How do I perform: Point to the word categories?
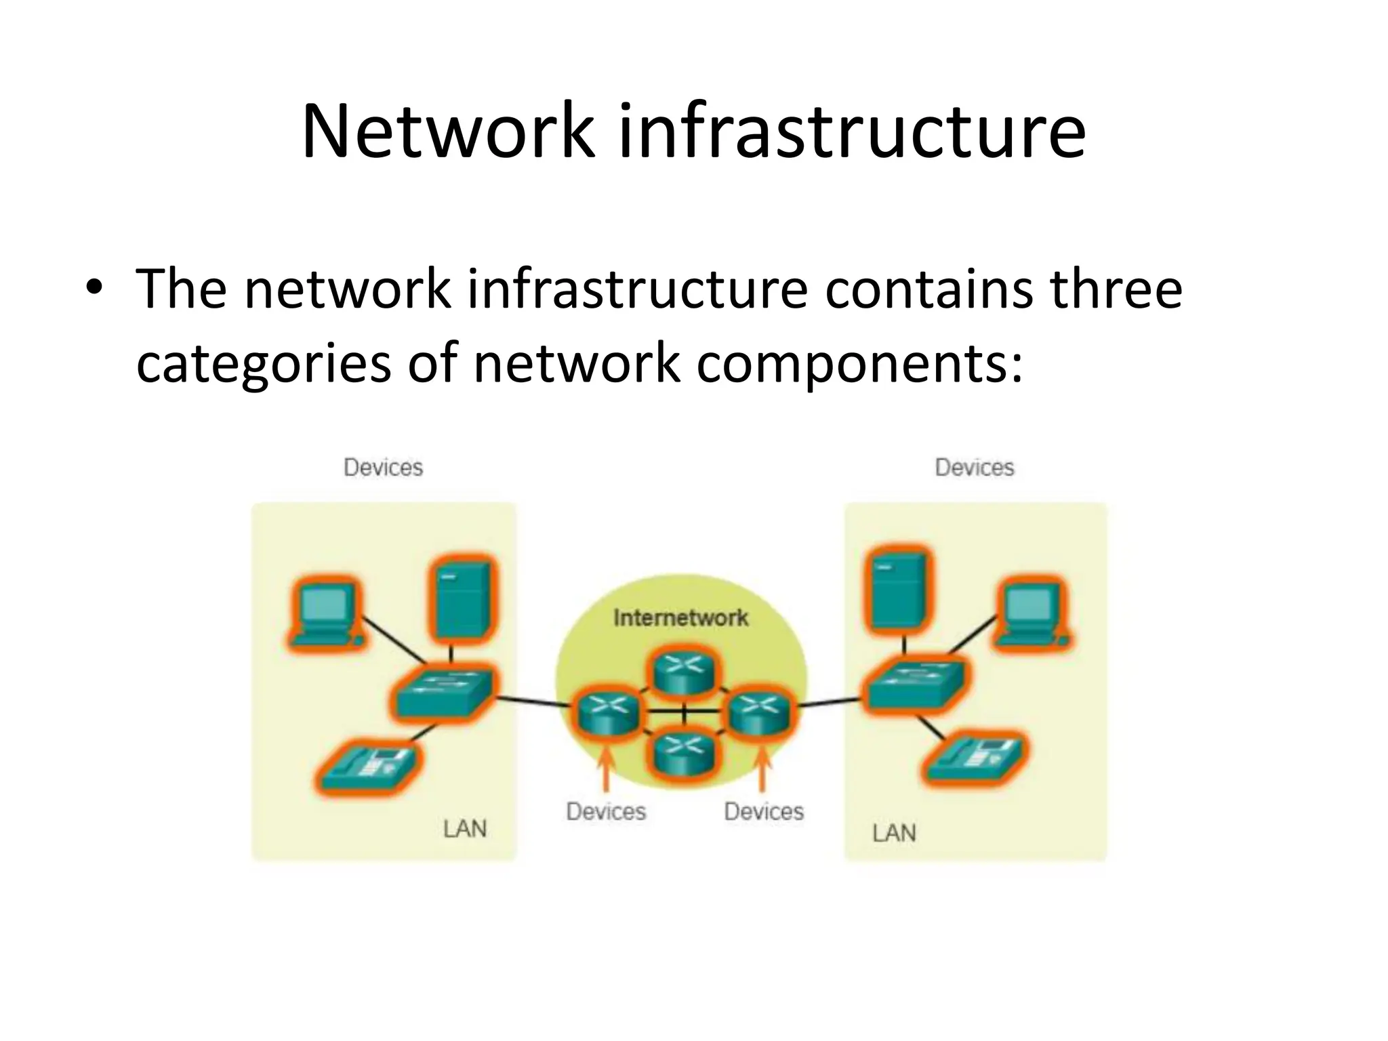[264, 363]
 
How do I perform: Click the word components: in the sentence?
[859, 363]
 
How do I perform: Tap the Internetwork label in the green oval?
[680, 617]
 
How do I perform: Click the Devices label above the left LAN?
[383, 468]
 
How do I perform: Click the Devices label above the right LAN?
[975, 468]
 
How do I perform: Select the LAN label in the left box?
[465, 829]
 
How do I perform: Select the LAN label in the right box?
[894, 833]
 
